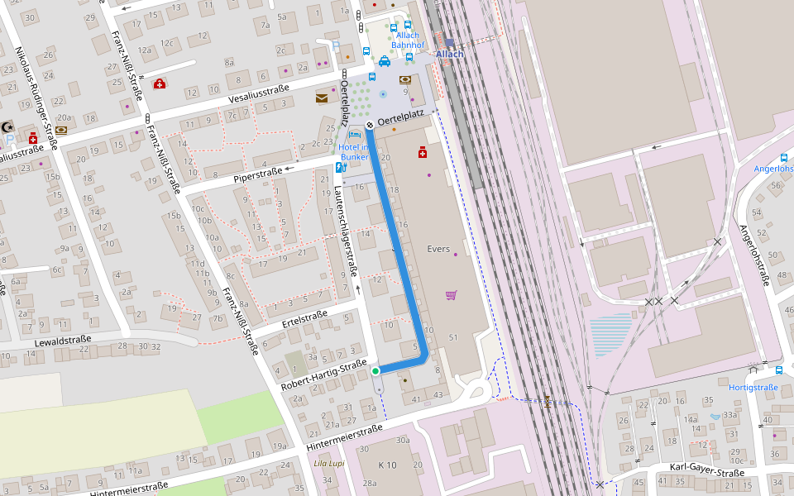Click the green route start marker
click(375, 371)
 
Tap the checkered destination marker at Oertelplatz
click(370, 124)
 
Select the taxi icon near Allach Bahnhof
click(384, 61)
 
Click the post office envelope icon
click(321, 98)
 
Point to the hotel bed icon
click(355, 135)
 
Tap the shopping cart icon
click(451, 294)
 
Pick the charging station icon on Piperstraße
click(339, 167)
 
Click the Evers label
click(438, 249)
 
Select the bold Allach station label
click(449, 55)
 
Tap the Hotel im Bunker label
click(353, 152)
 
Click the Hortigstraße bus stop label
click(753, 387)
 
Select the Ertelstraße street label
click(304, 319)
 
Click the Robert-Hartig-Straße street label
click(323, 375)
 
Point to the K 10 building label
click(387, 465)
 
